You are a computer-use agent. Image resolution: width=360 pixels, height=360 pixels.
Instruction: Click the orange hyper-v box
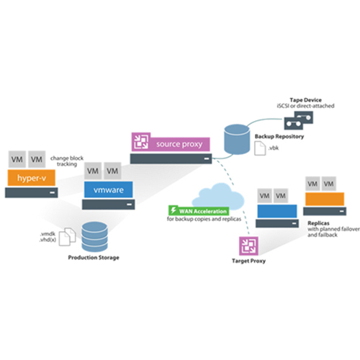click(32, 178)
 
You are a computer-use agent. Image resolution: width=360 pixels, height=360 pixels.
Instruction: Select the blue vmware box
click(108, 189)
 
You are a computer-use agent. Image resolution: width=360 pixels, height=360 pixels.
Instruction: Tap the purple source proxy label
click(171, 142)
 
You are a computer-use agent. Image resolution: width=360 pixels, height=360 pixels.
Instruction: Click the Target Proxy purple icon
click(248, 246)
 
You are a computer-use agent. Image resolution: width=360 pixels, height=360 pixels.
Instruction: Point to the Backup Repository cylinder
click(237, 139)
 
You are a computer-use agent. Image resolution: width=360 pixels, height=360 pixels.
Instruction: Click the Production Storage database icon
click(94, 236)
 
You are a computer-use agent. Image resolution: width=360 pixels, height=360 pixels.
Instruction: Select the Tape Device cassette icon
click(299, 120)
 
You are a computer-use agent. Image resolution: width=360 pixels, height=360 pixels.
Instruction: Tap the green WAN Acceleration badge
click(199, 211)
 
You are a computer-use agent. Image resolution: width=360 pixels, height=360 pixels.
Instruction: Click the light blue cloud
click(218, 197)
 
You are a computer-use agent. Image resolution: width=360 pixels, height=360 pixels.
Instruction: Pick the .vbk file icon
click(260, 148)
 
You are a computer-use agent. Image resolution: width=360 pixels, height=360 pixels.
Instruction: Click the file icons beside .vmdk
click(68, 237)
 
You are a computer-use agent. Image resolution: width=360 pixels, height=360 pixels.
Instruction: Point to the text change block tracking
click(67, 161)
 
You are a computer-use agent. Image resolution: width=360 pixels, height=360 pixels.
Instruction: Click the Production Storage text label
click(94, 258)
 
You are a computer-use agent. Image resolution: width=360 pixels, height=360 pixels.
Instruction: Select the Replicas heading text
click(318, 223)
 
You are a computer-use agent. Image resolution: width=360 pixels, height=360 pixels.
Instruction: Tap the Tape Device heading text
click(305, 100)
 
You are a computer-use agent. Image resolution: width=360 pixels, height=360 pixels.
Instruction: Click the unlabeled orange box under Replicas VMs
click(325, 199)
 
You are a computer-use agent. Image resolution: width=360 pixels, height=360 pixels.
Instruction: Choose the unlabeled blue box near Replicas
click(277, 211)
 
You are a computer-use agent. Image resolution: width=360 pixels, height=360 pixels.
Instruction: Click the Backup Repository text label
click(279, 136)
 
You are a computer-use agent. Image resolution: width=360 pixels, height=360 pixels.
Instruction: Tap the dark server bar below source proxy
click(171, 158)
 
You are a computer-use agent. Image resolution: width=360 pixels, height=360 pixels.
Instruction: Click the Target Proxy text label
click(248, 261)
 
